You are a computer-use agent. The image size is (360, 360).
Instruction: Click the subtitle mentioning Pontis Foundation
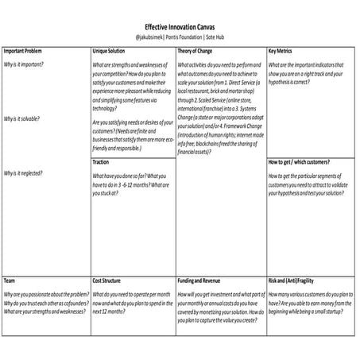point(180,37)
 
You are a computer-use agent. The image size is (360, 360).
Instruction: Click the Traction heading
point(101,161)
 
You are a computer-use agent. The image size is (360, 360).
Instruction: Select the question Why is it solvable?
point(23,118)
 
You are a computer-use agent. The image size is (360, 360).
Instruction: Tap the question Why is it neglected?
point(24,172)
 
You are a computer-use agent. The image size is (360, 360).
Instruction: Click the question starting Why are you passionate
point(45,293)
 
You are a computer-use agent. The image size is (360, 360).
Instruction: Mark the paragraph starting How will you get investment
point(221,303)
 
